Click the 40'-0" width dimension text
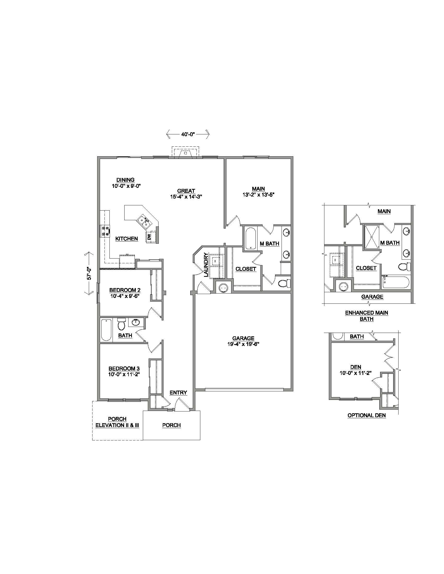click(x=188, y=134)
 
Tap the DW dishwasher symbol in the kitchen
click(x=149, y=237)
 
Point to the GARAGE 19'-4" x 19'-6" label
click(x=243, y=342)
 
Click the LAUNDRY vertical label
click(x=206, y=265)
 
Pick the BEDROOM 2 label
click(x=125, y=290)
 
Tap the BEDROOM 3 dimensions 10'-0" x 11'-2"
click(x=124, y=374)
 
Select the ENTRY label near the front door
click(x=178, y=393)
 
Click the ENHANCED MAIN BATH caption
click(x=366, y=316)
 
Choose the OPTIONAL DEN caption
click(x=366, y=416)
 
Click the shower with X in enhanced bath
click(x=372, y=237)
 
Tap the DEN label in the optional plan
click(x=356, y=367)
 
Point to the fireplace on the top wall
click(x=185, y=153)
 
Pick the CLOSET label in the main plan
click(x=246, y=269)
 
